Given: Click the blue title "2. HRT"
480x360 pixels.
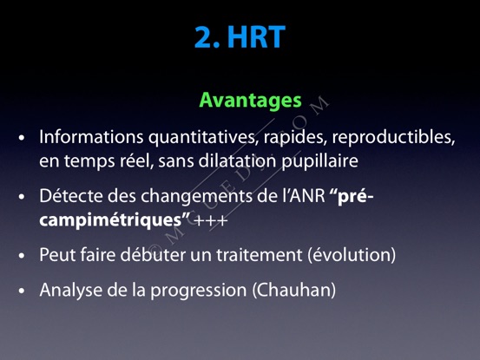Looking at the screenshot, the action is [x=240, y=37].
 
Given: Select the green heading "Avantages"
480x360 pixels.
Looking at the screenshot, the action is [x=250, y=101].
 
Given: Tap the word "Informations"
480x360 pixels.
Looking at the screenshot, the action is [x=91, y=136].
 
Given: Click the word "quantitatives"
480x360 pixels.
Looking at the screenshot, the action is [x=202, y=138].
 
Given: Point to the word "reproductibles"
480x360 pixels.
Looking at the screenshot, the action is [x=394, y=137].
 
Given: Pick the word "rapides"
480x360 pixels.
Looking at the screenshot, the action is [x=293, y=138].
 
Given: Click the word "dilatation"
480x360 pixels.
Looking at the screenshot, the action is [x=237, y=160].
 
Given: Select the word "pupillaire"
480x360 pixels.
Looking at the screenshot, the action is [x=319, y=161].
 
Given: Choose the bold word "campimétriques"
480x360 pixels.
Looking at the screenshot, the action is [x=111, y=220].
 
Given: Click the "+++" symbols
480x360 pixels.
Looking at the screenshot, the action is [x=211, y=220].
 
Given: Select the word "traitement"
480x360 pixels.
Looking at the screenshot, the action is [x=260, y=255].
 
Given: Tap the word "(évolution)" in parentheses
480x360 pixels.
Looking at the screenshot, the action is [x=352, y=255].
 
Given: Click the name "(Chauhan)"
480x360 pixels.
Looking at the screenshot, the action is [x=294, y=290].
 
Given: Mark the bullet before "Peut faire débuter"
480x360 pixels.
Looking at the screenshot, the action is [x=22, y=255].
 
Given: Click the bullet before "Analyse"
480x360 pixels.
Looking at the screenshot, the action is [x=22, y=291].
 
